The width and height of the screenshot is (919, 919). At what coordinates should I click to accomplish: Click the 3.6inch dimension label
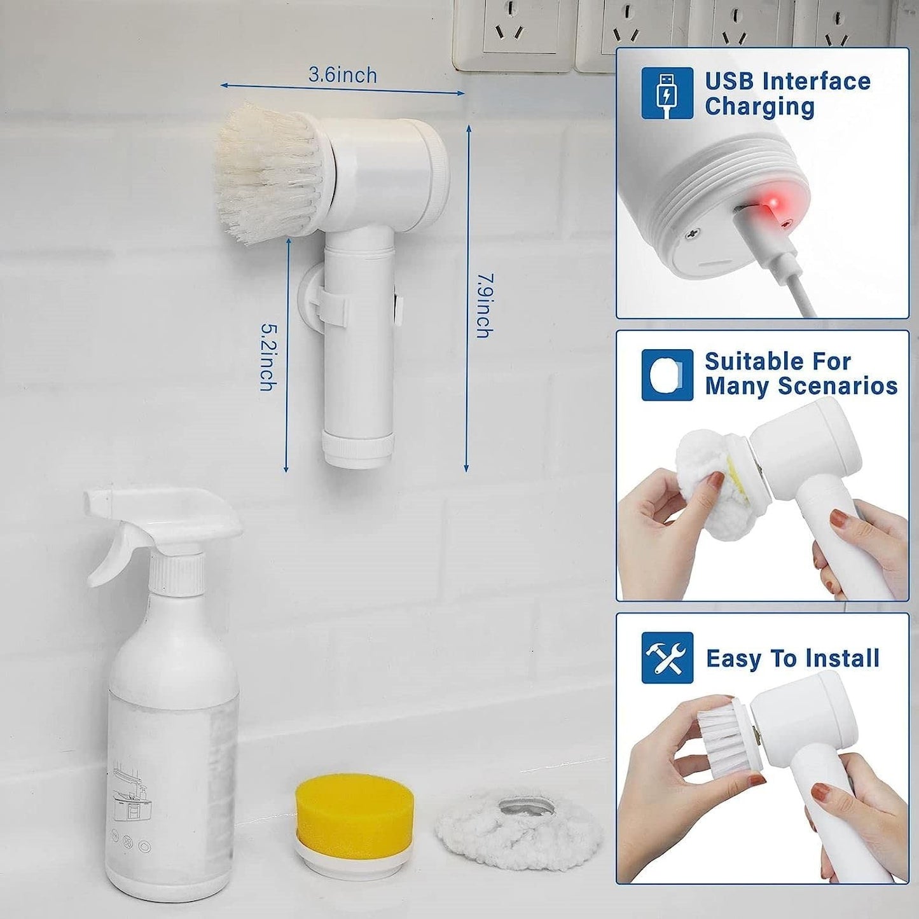tap(343, 75)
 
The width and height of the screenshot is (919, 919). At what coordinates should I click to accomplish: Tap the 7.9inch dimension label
tap(485, 305)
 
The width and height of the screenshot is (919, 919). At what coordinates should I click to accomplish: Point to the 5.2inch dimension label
tap(268, 357)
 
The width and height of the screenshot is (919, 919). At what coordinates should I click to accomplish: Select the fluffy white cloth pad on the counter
tap(518, 826)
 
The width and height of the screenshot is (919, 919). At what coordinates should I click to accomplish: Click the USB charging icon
tap(667, 93)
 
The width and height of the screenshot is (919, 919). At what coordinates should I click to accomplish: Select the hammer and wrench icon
tap(667, 658)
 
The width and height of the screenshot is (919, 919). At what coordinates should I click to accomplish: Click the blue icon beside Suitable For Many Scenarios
tap(667, 375)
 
